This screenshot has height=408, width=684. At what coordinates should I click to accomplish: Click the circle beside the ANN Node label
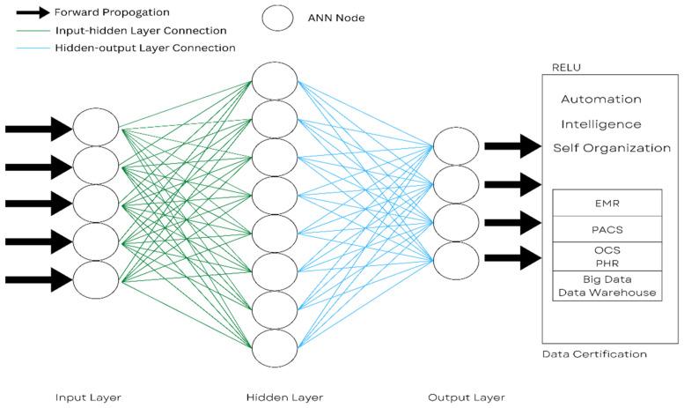(278, 18)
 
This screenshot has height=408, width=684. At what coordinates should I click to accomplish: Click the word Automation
(600, 100)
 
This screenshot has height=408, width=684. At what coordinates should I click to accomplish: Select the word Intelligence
(600, 124)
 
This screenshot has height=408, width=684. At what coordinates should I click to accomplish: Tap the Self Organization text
(611, 148)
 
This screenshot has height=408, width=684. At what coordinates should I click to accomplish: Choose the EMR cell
(607, 203)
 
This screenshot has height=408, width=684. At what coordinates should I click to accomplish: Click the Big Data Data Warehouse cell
(607, 286)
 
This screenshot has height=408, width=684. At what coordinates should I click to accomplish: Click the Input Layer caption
(88, 397)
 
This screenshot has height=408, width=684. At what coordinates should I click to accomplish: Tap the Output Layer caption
(467, 397)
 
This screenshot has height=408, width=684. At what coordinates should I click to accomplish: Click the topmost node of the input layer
(96, 128)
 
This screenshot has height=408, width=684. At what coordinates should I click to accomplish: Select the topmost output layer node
(457, 145)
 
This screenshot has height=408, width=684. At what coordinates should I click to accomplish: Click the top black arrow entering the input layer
(38, 129)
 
